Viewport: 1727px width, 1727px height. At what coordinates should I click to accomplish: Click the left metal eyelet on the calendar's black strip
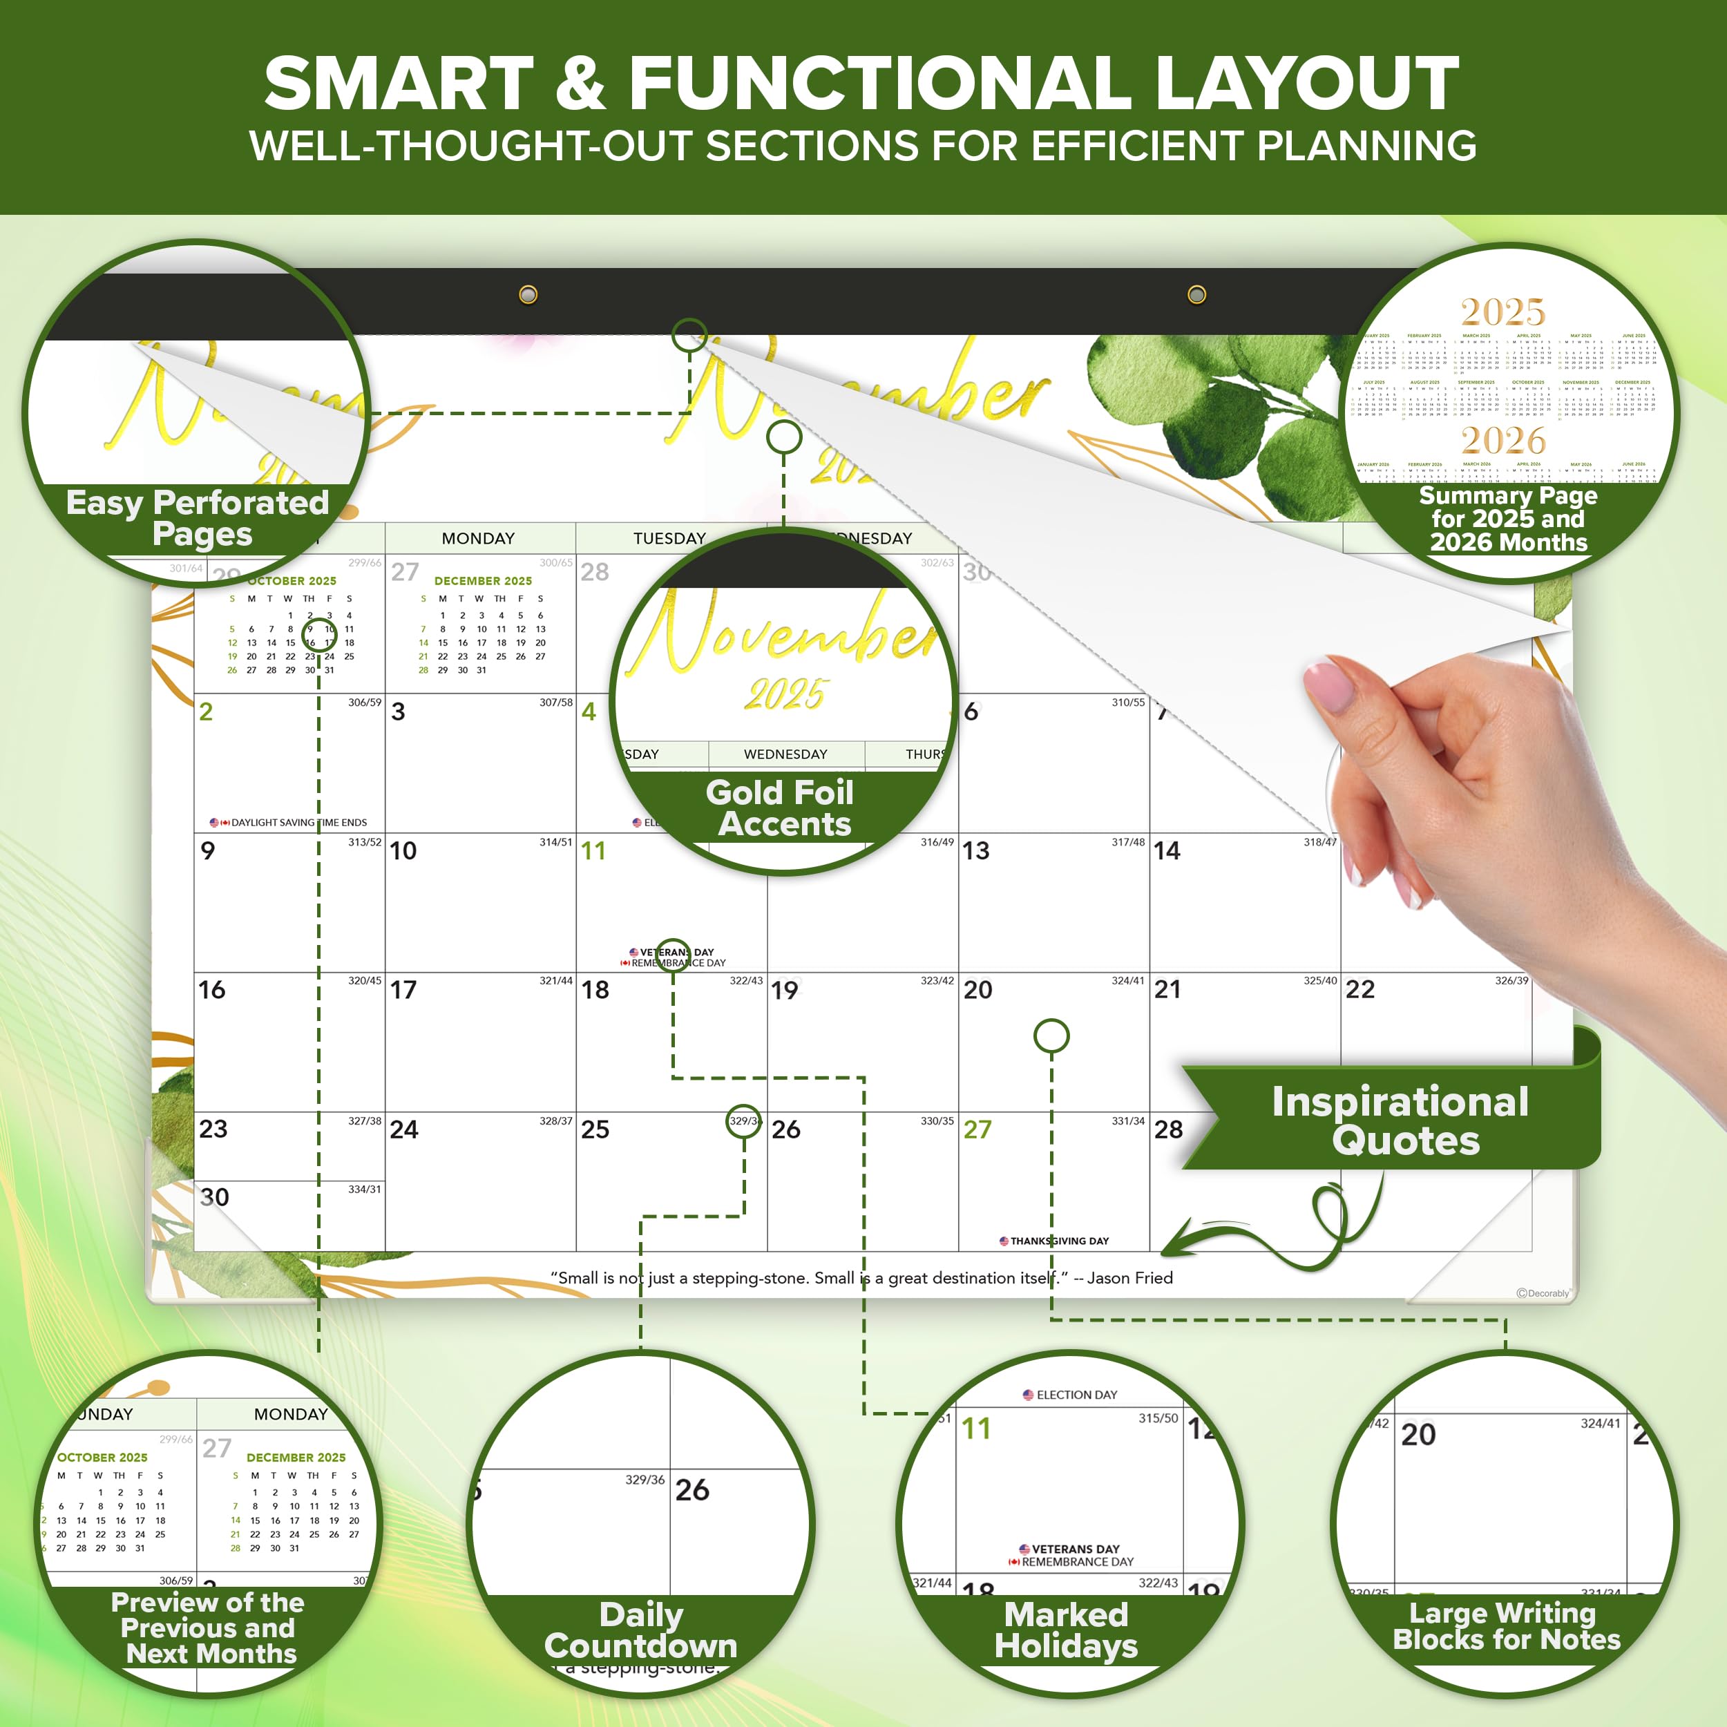tap(528, 294)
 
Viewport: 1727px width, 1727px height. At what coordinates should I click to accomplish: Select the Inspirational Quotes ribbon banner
tap(1399, 1120)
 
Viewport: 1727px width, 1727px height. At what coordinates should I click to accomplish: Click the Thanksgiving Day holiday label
tap(1054, 1241)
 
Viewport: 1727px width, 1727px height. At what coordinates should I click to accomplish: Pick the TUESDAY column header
tap(669, 538)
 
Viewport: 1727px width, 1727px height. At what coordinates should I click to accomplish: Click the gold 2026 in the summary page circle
tap(1504, 441)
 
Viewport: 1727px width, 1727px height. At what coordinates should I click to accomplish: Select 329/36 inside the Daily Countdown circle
tap(645, 1480)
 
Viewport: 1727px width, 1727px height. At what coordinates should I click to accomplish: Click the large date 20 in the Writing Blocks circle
tap(1419, 1435)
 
